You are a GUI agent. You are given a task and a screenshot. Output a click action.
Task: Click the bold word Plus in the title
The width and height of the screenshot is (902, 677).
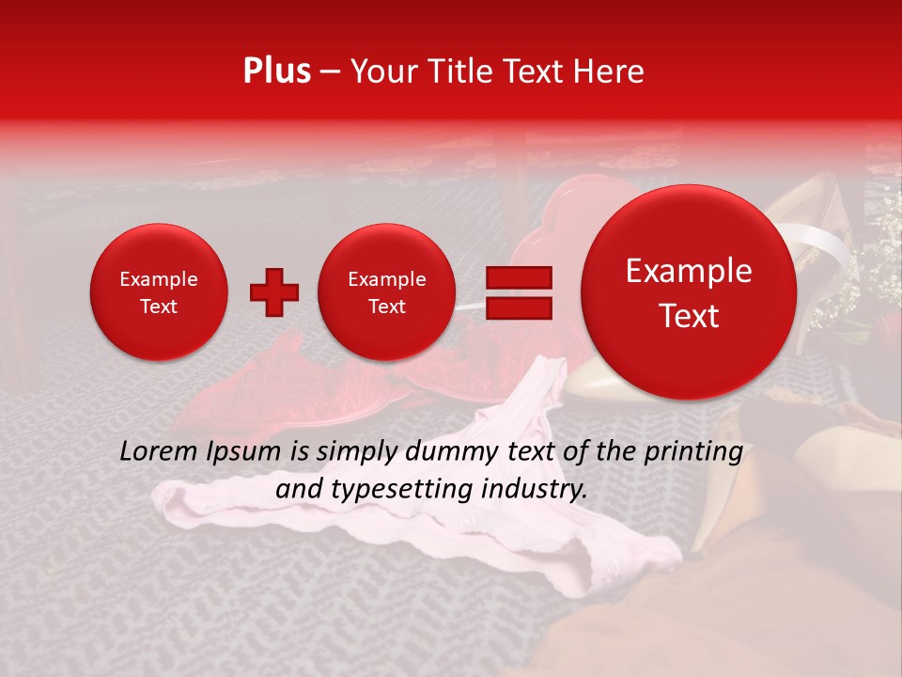click(276, 71)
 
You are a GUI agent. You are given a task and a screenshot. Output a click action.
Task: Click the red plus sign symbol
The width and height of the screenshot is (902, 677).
click(274, 292)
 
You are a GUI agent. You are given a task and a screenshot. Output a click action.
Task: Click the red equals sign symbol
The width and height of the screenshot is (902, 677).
click(518, 292)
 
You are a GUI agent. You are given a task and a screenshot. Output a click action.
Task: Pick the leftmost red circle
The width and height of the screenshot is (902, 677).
click(158, 292)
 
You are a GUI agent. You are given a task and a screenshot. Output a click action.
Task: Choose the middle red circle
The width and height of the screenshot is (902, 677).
click(386, 292)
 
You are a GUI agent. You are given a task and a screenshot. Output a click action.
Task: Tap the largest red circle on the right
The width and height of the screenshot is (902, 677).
click(689, 292)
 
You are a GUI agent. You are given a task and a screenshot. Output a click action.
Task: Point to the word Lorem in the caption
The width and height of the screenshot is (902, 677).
click(159, 452)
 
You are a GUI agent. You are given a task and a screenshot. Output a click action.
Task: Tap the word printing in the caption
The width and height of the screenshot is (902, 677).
click(694, 452)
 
